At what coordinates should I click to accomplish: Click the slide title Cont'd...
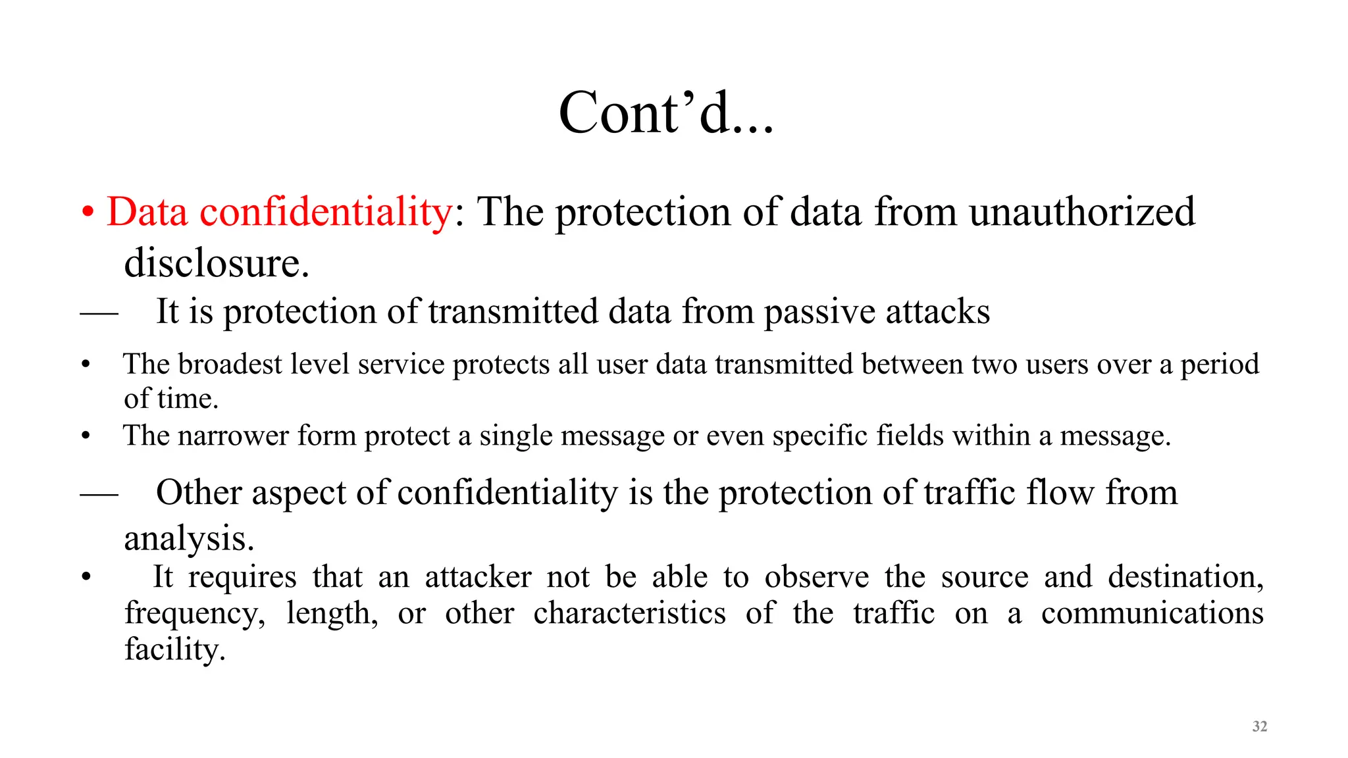(665, 113)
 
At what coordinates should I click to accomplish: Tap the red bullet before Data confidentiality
(88, 213)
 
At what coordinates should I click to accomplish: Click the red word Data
(147, 212)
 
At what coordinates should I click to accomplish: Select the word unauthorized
(1081, 212)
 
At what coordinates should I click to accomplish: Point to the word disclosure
(216, 263)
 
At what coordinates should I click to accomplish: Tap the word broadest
(230, 365)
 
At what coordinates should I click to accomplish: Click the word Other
(199, 492)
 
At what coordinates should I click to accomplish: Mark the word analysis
(188, 540)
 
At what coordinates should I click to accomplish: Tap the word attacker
(478, 578)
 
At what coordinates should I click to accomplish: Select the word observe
(816, 578)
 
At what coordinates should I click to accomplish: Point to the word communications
(1152, 613)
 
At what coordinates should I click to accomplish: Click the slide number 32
(1259, 726)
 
